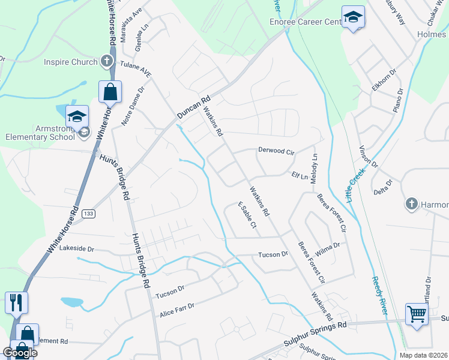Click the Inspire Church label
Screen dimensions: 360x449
70,62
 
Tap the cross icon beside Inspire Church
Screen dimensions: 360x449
106,61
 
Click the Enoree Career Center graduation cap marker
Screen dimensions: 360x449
353,17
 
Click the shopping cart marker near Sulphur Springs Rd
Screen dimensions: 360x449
417,313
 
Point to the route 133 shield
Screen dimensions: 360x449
89,214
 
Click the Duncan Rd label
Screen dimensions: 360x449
194,107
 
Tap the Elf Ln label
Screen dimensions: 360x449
300,176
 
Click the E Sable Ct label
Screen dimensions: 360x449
247,215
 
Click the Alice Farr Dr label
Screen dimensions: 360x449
177,310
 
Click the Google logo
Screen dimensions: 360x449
19,353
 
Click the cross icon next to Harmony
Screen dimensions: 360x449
412,205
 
